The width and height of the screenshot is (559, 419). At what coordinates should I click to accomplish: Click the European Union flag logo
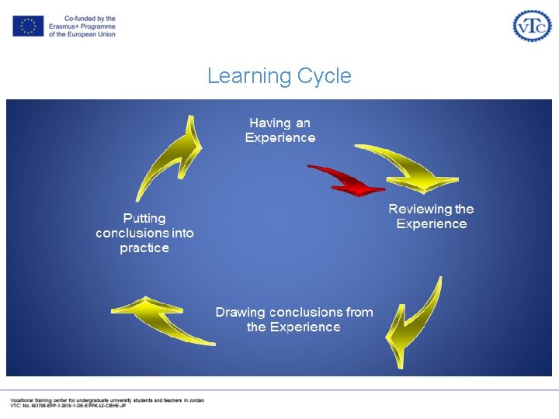[x=28, y=26]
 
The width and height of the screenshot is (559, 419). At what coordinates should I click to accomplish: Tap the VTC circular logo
[x=532, y=26]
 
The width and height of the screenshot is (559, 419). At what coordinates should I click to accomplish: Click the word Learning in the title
[x=248, y=76]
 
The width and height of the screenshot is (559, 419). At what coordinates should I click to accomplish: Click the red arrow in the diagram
[x=347, y=179]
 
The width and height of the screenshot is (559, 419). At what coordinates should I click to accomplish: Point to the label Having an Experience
[x=280, y=130]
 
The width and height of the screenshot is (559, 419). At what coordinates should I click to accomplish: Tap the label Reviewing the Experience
[x=431, y=216]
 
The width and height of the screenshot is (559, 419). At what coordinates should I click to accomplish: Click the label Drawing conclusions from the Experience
[x=293, y=320]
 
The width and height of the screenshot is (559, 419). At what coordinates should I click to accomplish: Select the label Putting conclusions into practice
[x=144, y=233]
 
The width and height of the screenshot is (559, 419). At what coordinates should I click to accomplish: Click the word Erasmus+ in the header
[x=64, y=26]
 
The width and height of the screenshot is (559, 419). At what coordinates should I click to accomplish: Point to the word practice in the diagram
[x=144, y=248]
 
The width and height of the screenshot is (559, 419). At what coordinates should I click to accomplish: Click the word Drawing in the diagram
[x=238, y=312]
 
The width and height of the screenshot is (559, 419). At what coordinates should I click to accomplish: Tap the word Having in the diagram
[x=269, y=123]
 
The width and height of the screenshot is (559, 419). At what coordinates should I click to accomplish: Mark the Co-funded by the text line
[x=90, y=19]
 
